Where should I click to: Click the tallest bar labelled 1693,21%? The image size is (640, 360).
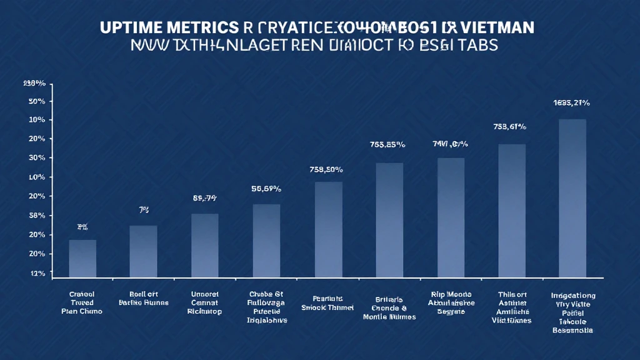(x=572, y=198)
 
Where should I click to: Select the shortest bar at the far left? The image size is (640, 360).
(x=82, y=258)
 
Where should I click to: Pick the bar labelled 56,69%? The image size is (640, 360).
(x=266, y=241)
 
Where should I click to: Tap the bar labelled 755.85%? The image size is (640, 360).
(x=389, y=220)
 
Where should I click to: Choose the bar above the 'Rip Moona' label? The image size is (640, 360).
(x=451, y=217)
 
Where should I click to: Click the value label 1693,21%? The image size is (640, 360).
(x=571, y=102)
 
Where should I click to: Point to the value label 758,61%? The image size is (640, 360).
(x=510, y=126)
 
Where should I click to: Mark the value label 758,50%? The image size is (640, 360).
(x=326, y=169)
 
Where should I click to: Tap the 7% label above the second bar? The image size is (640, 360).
(x=143, y=211)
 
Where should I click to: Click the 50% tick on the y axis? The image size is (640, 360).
(x=36, y=101)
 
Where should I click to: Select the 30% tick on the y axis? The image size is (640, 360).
(x=36, y=158)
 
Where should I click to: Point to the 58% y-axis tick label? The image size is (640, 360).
(x=36, y=216)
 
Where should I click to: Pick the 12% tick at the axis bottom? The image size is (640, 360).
(x=36, y=273)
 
